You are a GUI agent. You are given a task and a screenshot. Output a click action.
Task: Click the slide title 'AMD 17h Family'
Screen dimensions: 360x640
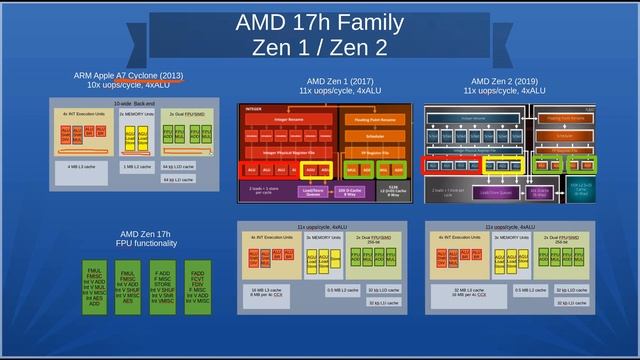tap(320, 22)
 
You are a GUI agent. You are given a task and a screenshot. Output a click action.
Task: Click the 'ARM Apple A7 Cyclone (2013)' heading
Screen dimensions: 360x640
tap(128, 76)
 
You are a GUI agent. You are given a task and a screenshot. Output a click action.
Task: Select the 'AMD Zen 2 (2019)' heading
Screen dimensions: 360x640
tap(505, 81)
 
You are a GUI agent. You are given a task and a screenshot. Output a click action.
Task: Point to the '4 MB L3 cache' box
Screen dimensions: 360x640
tap(81, 167)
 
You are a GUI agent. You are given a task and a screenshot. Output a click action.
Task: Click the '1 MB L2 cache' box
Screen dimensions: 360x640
tap(137, 167)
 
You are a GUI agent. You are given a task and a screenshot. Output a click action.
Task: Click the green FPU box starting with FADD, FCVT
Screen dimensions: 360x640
tap(198, 286)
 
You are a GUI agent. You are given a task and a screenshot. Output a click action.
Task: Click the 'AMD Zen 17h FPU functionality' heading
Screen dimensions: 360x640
tap(148, 239)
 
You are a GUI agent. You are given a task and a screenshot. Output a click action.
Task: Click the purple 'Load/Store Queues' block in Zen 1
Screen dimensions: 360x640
tap(312, 189)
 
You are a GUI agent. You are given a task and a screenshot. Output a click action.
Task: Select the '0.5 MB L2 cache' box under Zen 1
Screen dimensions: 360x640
tap(343, 290)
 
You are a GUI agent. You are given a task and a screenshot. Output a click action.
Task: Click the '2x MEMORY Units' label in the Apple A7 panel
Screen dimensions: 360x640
tap(135, 114)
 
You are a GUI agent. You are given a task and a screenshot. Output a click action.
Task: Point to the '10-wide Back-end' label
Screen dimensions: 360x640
tap(135, 103)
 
